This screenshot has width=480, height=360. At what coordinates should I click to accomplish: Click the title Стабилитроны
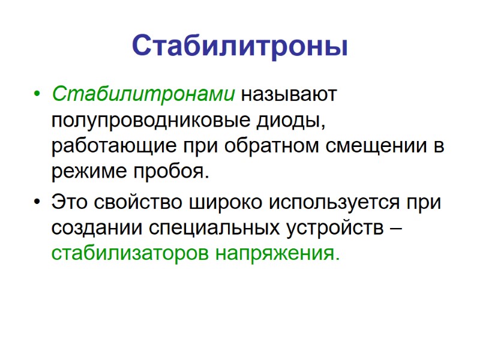coord(239,46)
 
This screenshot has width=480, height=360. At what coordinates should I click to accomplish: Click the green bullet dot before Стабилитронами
coord(38,95)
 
